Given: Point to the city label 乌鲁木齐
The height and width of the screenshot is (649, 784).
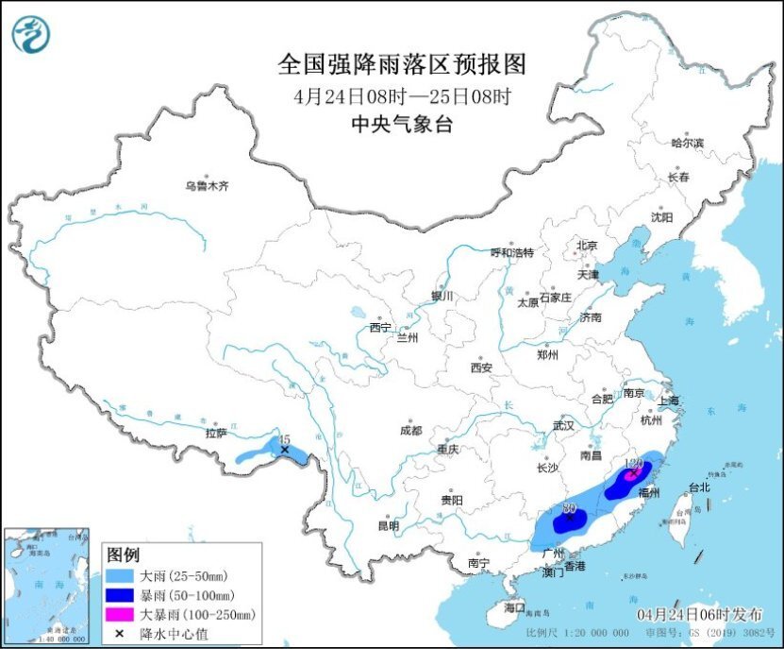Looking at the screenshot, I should point(206,186).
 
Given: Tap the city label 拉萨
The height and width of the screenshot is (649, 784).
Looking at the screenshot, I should point(216,434).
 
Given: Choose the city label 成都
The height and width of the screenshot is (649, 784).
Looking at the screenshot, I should point(410,430).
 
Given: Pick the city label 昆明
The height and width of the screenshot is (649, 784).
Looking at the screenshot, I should point(388,525).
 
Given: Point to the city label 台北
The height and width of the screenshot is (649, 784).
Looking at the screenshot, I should point(698,488).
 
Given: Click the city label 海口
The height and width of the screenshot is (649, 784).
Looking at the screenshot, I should point(513,606).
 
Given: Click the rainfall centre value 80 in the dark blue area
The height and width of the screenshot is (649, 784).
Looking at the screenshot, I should point(569,508).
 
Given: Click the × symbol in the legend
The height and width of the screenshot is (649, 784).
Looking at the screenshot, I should point(121,633).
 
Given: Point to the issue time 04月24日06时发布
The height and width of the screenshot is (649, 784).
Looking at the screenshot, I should point(703,614).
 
